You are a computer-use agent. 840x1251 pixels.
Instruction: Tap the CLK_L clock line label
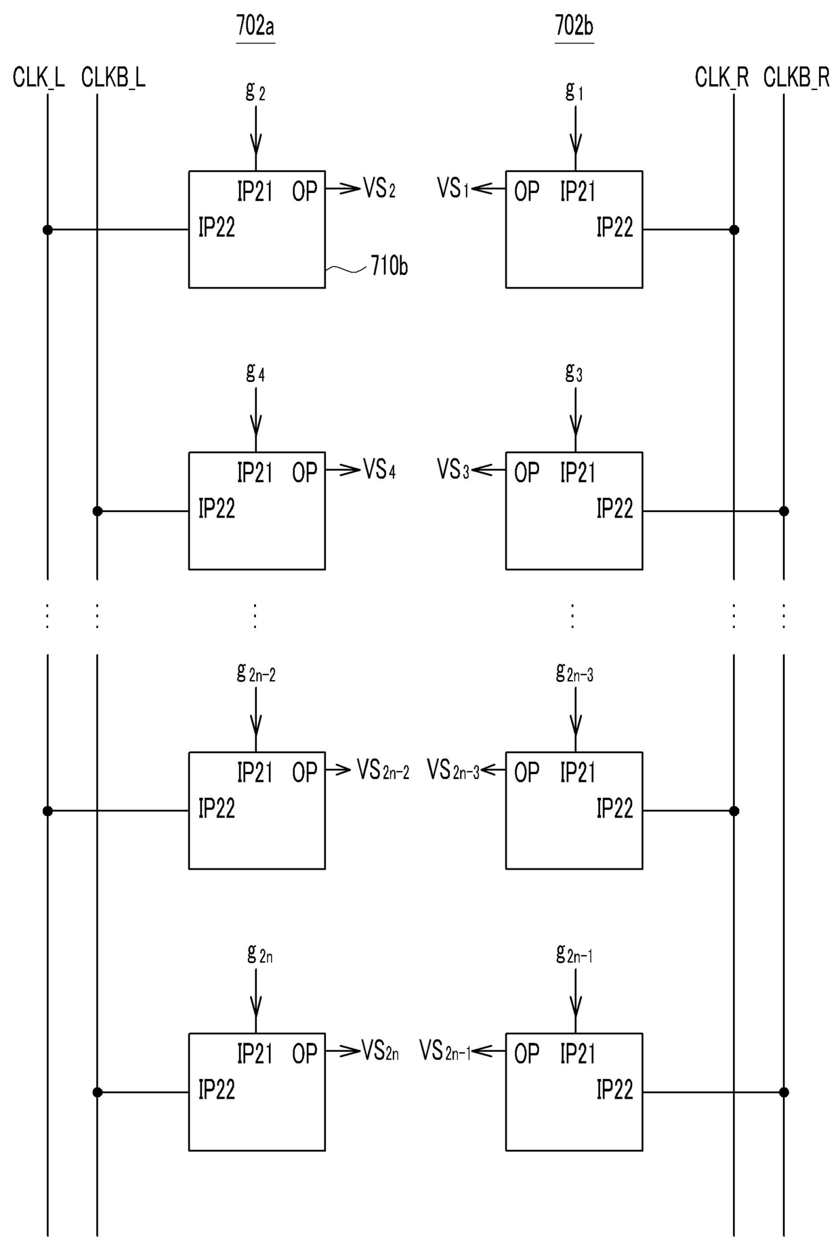39,78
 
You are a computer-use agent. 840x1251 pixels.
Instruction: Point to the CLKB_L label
113,78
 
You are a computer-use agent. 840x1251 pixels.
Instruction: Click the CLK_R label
721,78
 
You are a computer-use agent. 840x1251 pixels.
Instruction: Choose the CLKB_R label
796,78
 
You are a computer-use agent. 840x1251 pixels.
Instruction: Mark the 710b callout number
390,266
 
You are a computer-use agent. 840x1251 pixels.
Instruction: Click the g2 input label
255,91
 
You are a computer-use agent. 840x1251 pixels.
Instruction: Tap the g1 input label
574,91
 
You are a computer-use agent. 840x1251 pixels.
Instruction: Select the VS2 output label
379,188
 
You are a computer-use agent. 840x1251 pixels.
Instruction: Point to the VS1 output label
453,188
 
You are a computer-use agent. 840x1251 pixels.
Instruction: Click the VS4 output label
379,469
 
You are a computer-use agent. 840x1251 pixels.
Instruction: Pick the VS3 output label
453,469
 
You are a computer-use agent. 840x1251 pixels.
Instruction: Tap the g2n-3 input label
574,672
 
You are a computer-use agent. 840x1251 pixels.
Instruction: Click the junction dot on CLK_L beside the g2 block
47,230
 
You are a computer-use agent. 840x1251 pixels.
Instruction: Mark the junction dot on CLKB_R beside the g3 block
784,511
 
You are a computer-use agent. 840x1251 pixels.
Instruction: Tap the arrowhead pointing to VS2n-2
343,769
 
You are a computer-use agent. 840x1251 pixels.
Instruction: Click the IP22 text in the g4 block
217,508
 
